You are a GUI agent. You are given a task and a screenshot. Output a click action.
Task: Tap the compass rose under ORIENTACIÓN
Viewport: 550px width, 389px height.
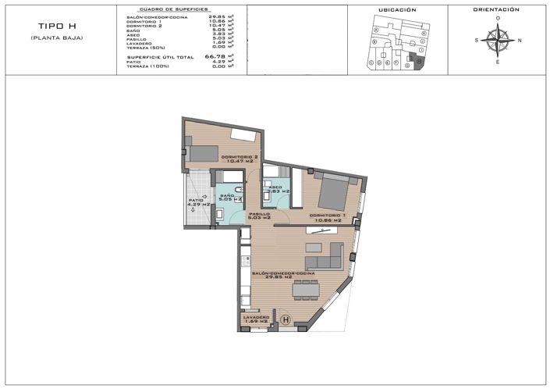coord(497,39)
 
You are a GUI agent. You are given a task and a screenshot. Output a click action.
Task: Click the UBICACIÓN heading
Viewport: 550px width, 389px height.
coord(397,10)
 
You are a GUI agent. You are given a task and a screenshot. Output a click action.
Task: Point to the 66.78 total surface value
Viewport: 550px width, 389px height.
coord(215,57)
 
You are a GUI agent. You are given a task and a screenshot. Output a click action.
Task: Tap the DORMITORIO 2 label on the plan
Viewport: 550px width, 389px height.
coord(240,159)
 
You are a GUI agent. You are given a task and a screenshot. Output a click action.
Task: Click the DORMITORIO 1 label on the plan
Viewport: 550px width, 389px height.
coord(328,217)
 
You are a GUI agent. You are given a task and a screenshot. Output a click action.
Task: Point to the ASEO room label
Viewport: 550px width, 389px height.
coord(278,189)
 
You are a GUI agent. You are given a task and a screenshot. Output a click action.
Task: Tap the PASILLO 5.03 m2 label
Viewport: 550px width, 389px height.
coord(259,216)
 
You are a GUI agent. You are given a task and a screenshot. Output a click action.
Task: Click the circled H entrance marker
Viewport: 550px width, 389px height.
coord(286,319)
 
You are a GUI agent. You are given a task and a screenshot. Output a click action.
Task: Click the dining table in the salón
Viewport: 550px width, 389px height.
coord(304,290)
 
